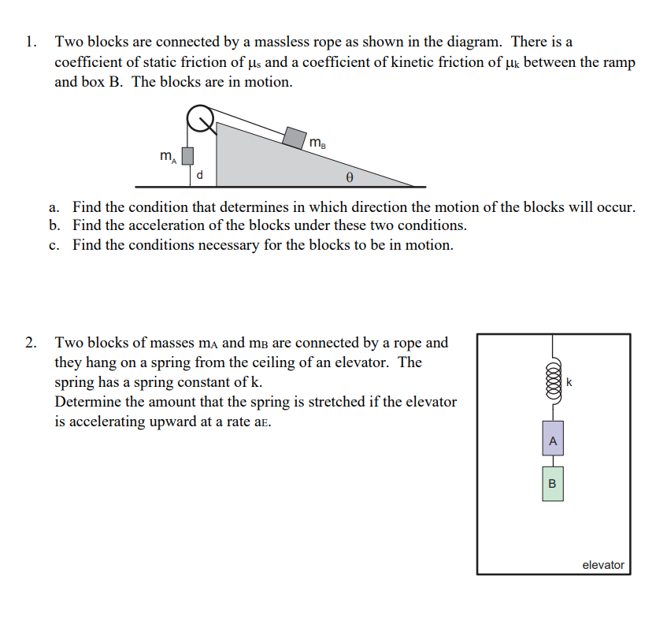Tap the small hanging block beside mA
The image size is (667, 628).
point(187,156)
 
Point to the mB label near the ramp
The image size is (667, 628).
point(317,143)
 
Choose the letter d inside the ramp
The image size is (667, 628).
point(200,175)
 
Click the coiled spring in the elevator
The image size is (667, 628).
point(552,381)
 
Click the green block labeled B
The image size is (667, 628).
point(552,483)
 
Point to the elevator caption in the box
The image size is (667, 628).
point(602,564)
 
